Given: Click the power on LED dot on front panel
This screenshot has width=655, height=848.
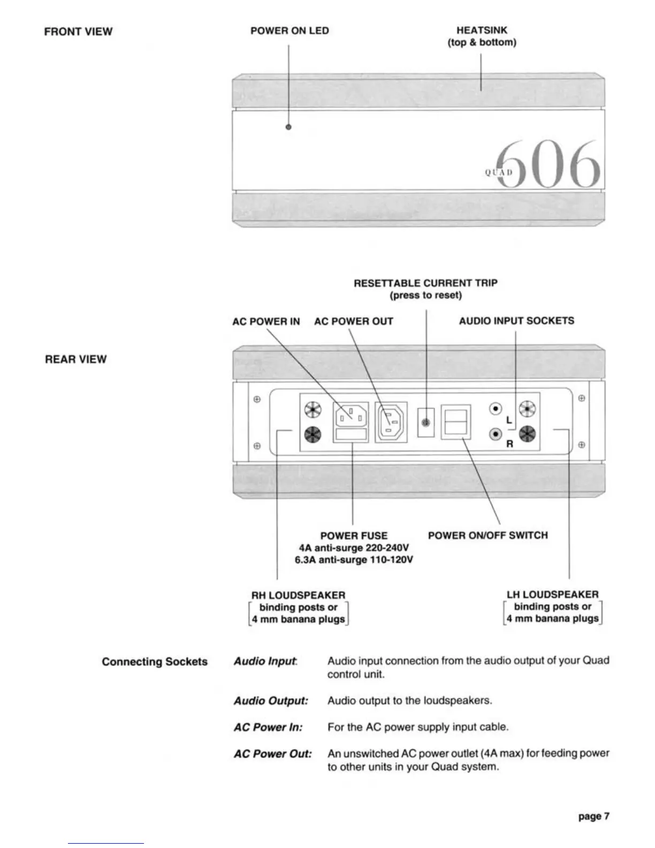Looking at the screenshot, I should point(289,127).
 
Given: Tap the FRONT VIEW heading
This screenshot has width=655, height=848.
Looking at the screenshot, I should point(78,32).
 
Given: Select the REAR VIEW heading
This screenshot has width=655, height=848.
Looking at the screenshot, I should point(75,359).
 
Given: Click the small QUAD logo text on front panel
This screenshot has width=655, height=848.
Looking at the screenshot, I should point(499,172).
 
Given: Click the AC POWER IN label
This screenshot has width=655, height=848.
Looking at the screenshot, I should point(266,322).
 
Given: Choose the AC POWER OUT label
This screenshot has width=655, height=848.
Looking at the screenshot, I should point(353,322).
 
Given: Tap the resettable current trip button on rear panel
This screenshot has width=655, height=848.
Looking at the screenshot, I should point(426,422).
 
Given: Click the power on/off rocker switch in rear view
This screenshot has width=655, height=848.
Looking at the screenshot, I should point(455,422).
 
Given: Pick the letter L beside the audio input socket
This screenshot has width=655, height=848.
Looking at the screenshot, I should point(509,420).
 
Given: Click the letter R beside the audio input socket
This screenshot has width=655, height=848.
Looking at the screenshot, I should point(509,444).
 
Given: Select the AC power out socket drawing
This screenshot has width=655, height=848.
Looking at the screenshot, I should point(391,422).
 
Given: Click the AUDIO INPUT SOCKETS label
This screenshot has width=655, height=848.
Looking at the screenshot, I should point(516,321).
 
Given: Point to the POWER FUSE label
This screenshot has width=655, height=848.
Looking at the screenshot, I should point(354,536).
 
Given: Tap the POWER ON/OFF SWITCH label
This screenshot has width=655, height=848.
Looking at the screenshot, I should point(488,535).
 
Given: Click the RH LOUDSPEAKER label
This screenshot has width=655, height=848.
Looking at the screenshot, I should point(298,595).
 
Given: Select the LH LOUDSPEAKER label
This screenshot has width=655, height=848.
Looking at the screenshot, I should point(552,595).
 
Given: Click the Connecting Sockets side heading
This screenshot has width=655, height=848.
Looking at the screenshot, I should point(155,662).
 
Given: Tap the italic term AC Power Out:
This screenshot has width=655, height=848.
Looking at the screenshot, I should point(272,754).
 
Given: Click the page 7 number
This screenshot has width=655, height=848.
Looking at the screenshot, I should point(593,816).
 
